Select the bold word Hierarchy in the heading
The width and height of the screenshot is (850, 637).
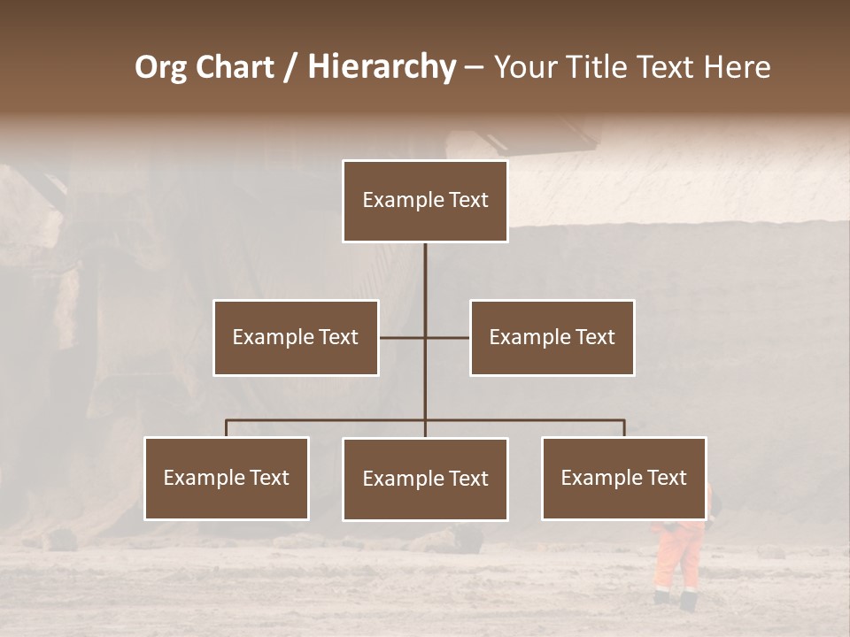tap(382, 68)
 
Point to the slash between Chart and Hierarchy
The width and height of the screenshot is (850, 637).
tap(291, 68)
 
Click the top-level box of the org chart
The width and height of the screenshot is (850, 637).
tap(425, 201)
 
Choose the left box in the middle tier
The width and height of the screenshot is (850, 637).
tap(296, 337)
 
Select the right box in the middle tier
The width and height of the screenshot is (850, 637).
tap(552, 337)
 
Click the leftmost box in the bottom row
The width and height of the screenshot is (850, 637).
tap(227, 478)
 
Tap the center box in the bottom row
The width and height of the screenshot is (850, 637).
tap(425, 479)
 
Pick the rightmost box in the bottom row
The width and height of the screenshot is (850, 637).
tap(624, 478)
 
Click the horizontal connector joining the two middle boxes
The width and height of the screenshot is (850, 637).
tap(447, 337)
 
